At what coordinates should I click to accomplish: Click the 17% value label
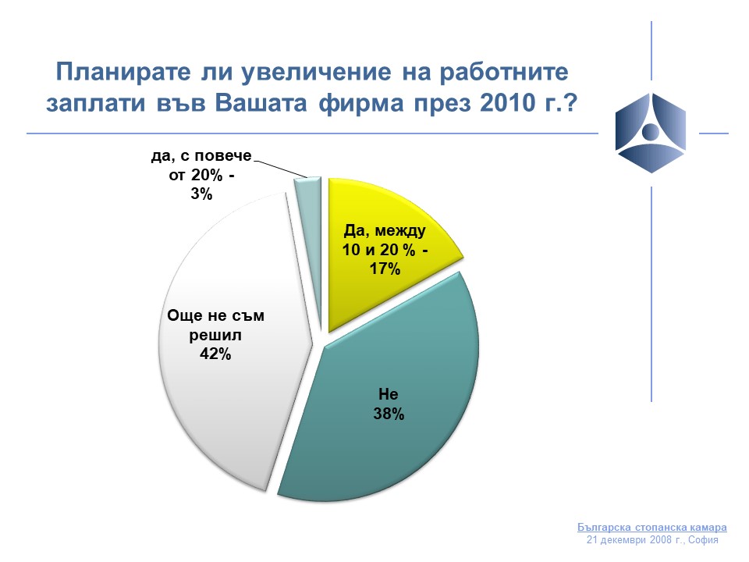385,269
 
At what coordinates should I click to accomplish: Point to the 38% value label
389,414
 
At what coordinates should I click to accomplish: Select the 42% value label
215,354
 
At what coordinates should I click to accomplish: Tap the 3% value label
201,194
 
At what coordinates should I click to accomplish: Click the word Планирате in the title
123,72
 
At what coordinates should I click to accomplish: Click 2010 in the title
508,103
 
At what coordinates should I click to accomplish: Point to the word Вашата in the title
261,103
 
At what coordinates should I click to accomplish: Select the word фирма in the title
361,104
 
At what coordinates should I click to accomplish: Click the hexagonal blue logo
651,133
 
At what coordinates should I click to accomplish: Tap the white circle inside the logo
650,130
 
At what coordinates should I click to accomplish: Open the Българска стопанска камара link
652,528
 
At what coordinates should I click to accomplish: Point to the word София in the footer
703,540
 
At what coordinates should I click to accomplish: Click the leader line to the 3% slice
280,169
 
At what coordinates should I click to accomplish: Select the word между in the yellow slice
400,232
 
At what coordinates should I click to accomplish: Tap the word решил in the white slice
215,336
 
